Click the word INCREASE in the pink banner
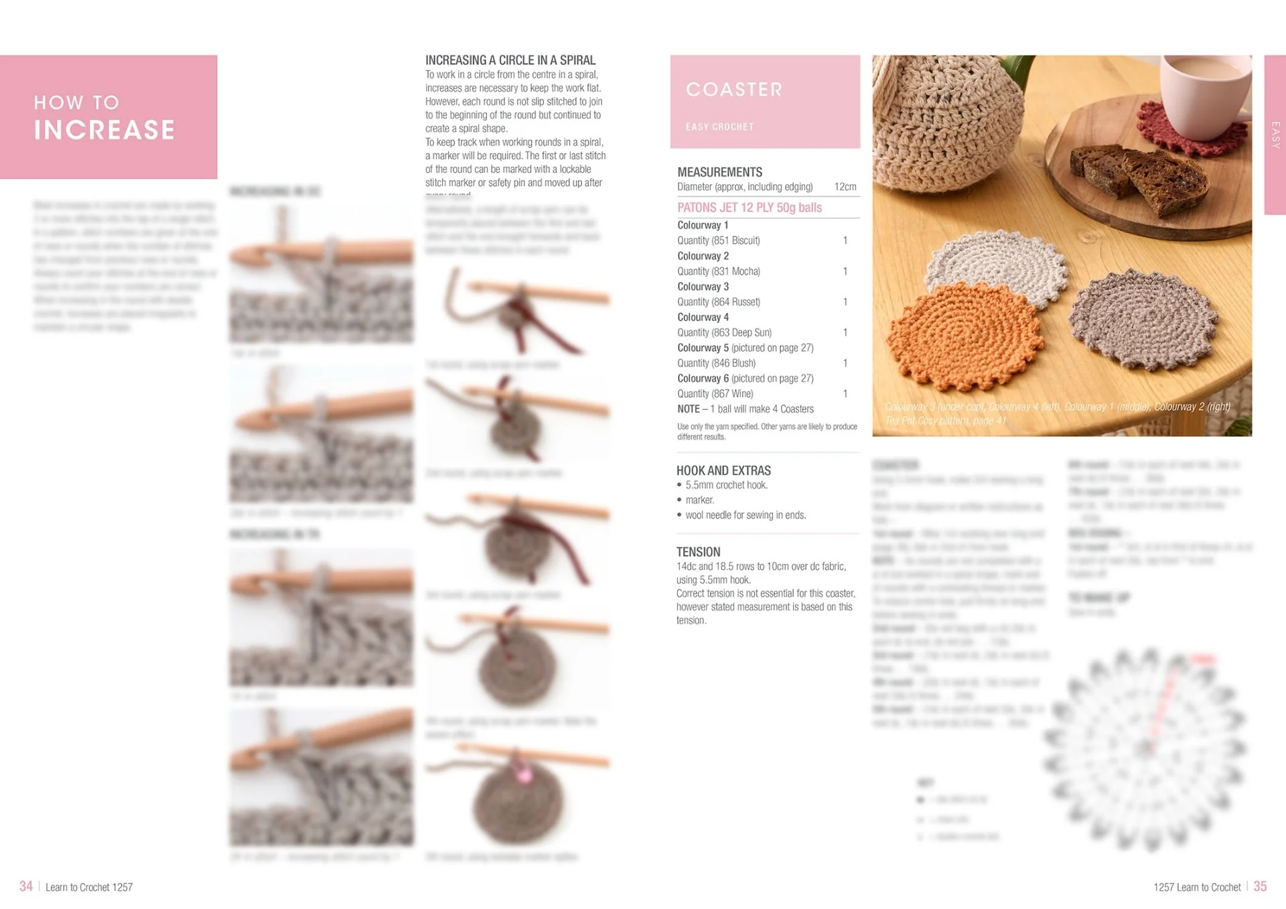[x=104, y=130]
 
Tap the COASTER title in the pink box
[x=734, y=90]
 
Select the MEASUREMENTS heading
[x=719, y=172]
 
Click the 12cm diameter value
[x=845, y=187]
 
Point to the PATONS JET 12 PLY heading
[x=749, y=208]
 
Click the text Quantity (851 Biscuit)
[x=718, y=240]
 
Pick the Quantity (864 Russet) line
[x=718, y=302]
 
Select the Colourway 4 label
[x=703, y=318]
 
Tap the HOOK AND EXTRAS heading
[x=723, y=471]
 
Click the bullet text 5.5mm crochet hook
[x=726, y=485]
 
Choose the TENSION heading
[x=698, y=552]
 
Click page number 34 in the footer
[x=26, y=886]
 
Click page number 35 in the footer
[x=1260, y=886]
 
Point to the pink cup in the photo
[x=1206, y=87]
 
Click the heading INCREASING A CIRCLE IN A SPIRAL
[x=510, y=60]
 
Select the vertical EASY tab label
[x=1275, y=135]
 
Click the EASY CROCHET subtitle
[x=719, y=127]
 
